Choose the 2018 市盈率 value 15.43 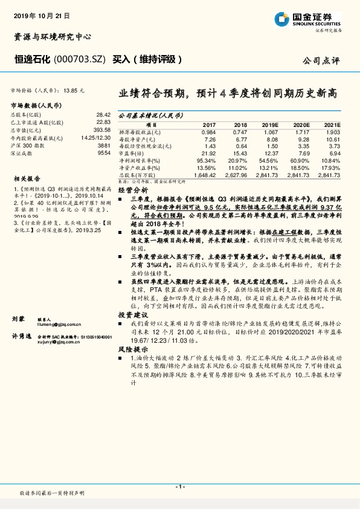point(240,154)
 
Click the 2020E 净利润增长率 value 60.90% point(301,161)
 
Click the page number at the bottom point(180,486)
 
